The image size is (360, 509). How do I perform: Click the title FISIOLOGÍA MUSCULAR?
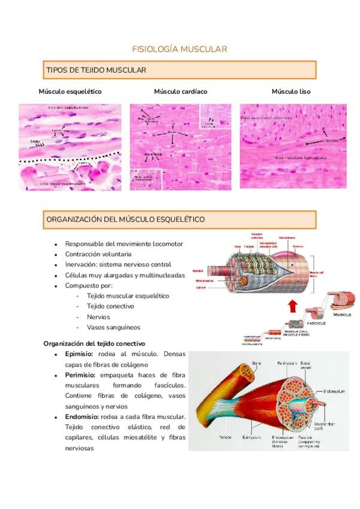click(179, 49)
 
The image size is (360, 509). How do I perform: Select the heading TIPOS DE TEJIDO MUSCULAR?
click(96, 70)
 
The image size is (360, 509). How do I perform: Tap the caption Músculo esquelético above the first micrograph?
click(70, 91)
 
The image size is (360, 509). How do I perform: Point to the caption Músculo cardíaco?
click(181, 91)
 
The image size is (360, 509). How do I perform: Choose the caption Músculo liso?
click(291, 91)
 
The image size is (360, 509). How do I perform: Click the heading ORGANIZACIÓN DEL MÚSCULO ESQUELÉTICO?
click(125, 219)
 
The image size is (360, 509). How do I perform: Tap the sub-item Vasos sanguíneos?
click(113, 327)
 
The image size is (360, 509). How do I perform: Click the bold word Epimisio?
click(79, 354)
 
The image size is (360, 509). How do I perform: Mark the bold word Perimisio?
click(80, 375)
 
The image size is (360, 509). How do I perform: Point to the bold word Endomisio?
click(82, 417)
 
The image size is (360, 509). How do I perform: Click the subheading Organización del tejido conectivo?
click(94, 343)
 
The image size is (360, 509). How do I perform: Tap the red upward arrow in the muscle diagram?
click(292, 307)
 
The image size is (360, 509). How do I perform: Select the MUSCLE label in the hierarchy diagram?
click(342, 314)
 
